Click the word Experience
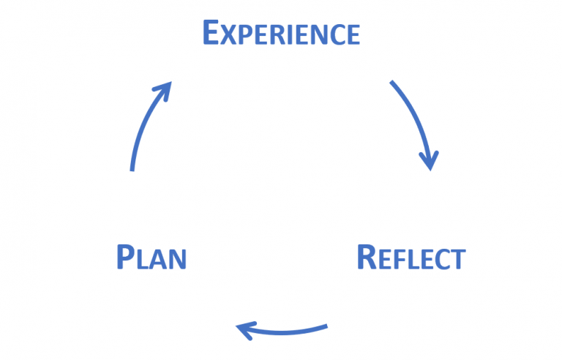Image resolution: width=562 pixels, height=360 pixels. click(x=281, y=33)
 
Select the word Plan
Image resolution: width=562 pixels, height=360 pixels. click(x=151, y=258)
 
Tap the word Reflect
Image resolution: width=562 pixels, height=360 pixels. click(x=411, y=258)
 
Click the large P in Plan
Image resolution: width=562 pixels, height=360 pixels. click(x=125, y=258)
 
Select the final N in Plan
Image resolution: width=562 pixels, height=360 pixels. click(x=177, y=260)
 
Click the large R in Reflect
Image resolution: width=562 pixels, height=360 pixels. click(x=367, y=258)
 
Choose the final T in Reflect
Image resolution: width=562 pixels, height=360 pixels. click(x=457, y=260)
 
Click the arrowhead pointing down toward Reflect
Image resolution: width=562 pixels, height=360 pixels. click(x=429, y=160)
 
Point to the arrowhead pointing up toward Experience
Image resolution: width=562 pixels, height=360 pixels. click(x=165, y=90)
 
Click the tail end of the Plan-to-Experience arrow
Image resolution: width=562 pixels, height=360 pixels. click(x=132, y=169)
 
